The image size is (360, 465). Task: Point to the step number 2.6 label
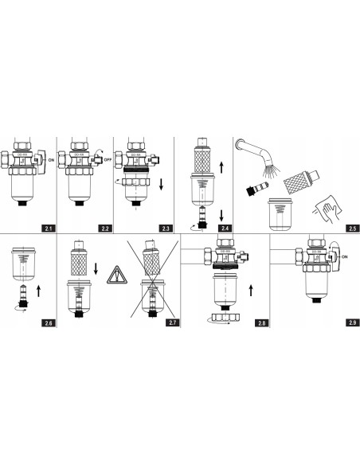(x=49, y=323)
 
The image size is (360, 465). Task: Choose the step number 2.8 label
(x=252, y=323)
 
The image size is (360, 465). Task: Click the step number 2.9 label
(x=350, y=323)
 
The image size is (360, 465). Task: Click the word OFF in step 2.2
(x=105, y=158)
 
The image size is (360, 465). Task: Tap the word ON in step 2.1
(x=51, y=159)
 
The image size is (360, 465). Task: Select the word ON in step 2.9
(x=346, y=256)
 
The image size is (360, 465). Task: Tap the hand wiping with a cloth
(x=327, y=206)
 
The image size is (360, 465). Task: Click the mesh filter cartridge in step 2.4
(x=203, y=165)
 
